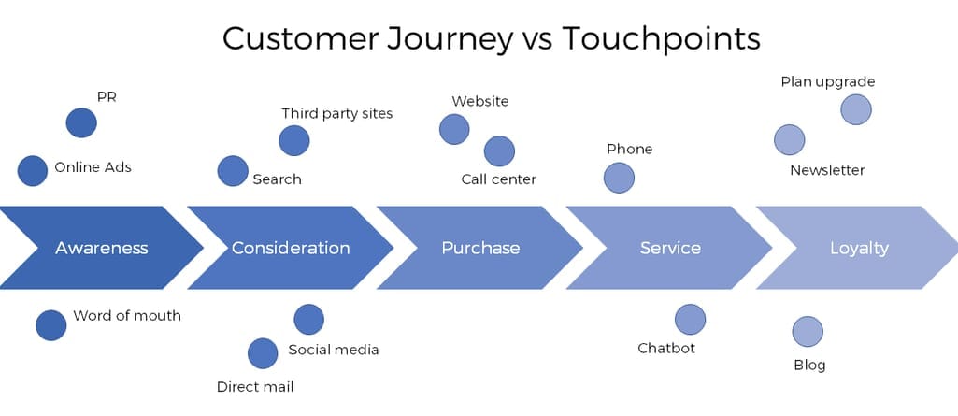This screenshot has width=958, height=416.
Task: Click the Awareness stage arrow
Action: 102,248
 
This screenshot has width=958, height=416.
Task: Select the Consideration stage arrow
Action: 291,248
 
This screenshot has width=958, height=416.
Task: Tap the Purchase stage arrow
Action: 480,248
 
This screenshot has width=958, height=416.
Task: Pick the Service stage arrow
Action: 670,248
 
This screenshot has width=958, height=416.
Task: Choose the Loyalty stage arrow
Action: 859,248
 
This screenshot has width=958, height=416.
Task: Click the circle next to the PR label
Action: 81,122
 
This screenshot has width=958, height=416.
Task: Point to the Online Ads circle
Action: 33,170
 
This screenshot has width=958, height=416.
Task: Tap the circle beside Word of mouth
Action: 50,325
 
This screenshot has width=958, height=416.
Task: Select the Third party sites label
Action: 337,114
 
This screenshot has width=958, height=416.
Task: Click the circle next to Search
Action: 233,170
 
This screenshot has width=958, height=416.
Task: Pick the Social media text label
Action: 334,350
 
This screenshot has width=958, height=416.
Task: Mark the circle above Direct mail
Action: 263,353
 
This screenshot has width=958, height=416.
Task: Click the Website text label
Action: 480,101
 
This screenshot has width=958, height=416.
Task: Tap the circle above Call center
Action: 499,151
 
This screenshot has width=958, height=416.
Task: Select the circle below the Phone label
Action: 619,178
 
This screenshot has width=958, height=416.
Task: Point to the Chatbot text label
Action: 666,348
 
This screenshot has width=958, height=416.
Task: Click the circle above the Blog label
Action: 808,331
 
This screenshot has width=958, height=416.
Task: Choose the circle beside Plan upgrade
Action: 856,109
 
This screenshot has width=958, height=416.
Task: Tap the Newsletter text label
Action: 827,170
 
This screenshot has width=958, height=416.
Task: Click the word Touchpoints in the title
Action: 662,38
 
